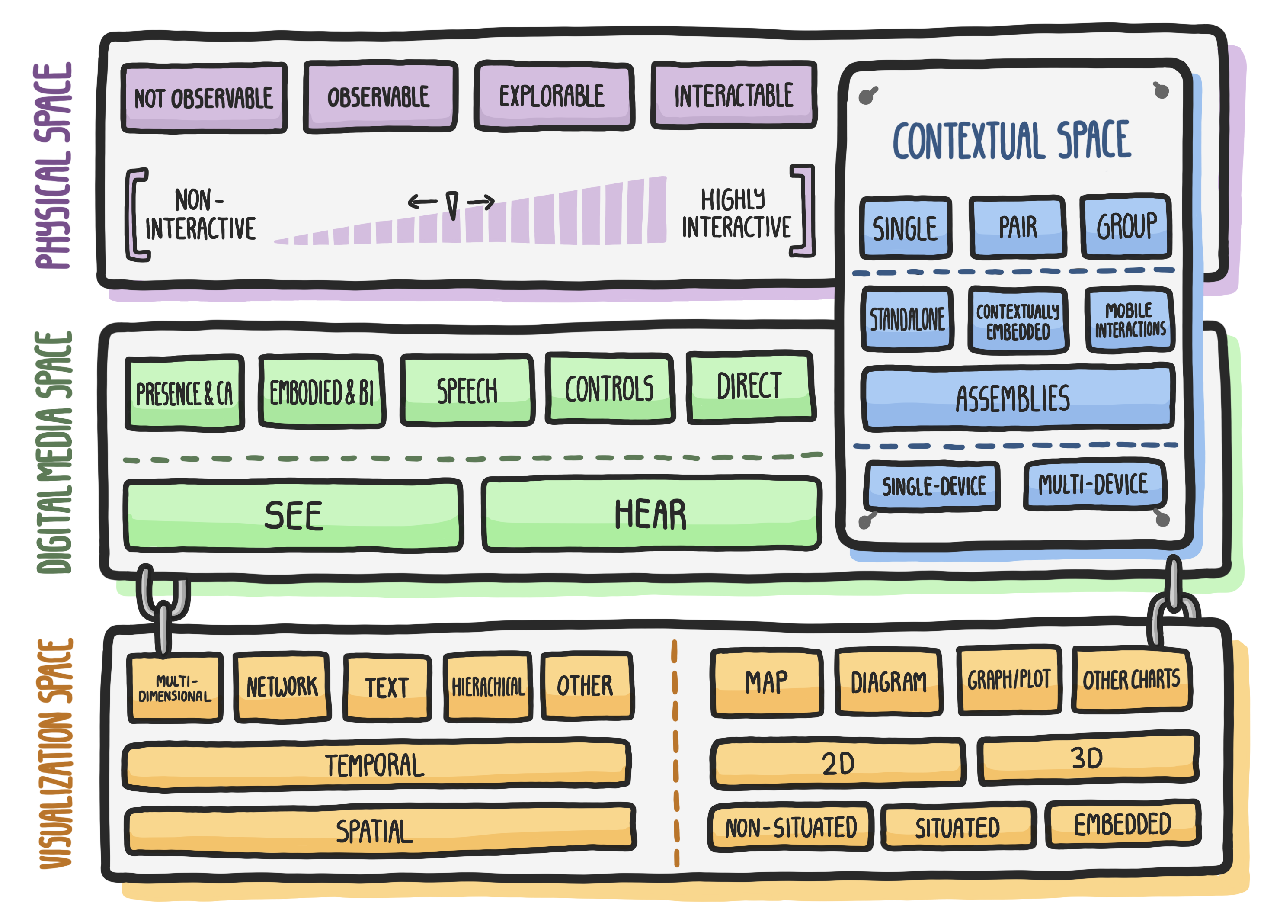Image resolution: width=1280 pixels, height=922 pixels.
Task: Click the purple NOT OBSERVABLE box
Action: point(204,98)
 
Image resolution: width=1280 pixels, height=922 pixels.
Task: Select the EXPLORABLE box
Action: point(553,96)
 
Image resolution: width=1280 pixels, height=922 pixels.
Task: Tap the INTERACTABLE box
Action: point(734,95)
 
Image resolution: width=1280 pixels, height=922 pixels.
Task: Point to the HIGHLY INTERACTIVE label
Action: point(736,213)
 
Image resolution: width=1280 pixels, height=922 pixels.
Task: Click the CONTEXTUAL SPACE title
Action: point(1012,140)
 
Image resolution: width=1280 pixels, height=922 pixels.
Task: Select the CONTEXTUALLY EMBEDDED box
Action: point(1018,321)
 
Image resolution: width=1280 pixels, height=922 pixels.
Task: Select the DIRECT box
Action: point(750,387)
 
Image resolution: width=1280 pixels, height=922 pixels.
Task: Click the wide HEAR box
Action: point(651,514)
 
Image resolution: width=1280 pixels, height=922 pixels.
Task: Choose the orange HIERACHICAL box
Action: point(488,687)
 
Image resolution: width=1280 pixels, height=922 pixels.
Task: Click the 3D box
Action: point(1088,758)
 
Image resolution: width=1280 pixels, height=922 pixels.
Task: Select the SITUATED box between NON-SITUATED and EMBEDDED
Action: point(958,826)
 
